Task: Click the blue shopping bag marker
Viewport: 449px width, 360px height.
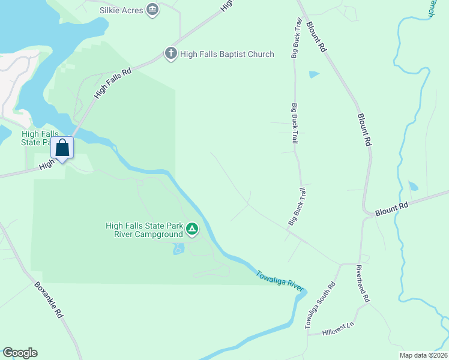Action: [62, 148]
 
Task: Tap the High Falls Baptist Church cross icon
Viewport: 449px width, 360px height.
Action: [170, 54]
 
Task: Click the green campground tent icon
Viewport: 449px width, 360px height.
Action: [191, 229]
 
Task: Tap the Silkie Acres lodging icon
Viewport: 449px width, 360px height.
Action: [152, 9]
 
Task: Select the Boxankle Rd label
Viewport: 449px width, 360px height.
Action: [49, 299]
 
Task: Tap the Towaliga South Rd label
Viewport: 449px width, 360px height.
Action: [319, 304]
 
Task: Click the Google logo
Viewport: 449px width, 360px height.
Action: [20, 353]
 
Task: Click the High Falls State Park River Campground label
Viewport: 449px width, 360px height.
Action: [144, 230]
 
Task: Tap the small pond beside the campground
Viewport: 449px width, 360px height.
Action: [178, 248]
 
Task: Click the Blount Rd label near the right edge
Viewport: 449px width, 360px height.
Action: [391, 209]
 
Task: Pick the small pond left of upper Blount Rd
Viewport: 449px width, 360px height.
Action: [314, 74]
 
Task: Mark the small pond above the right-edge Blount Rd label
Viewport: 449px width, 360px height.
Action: [413, 186]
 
